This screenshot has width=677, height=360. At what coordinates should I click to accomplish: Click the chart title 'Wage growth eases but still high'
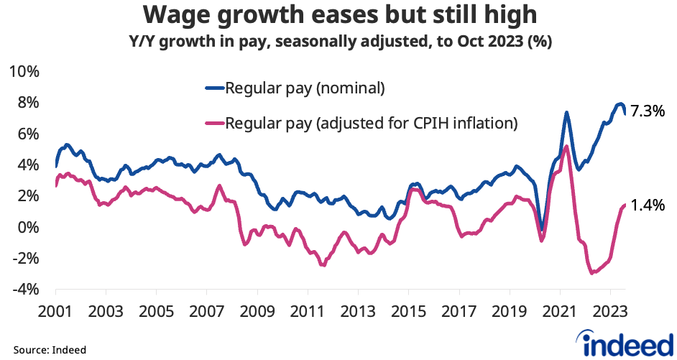coord(338,14)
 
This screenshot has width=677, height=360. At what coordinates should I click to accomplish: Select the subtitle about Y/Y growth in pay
coord(338,42)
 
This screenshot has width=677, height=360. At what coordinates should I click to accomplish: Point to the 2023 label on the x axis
coord(610,313)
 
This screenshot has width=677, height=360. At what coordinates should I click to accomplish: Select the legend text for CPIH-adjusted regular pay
coord(372,123)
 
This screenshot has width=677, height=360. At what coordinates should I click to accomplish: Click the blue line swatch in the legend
coord(214,89)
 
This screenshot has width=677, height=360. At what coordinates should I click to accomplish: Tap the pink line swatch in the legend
coord(214,123)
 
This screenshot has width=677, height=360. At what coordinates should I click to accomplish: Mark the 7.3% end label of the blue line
coord(648,111)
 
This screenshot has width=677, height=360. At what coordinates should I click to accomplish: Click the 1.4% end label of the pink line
coord(648,206)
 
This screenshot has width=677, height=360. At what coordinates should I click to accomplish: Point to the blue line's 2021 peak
coord(566,113)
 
